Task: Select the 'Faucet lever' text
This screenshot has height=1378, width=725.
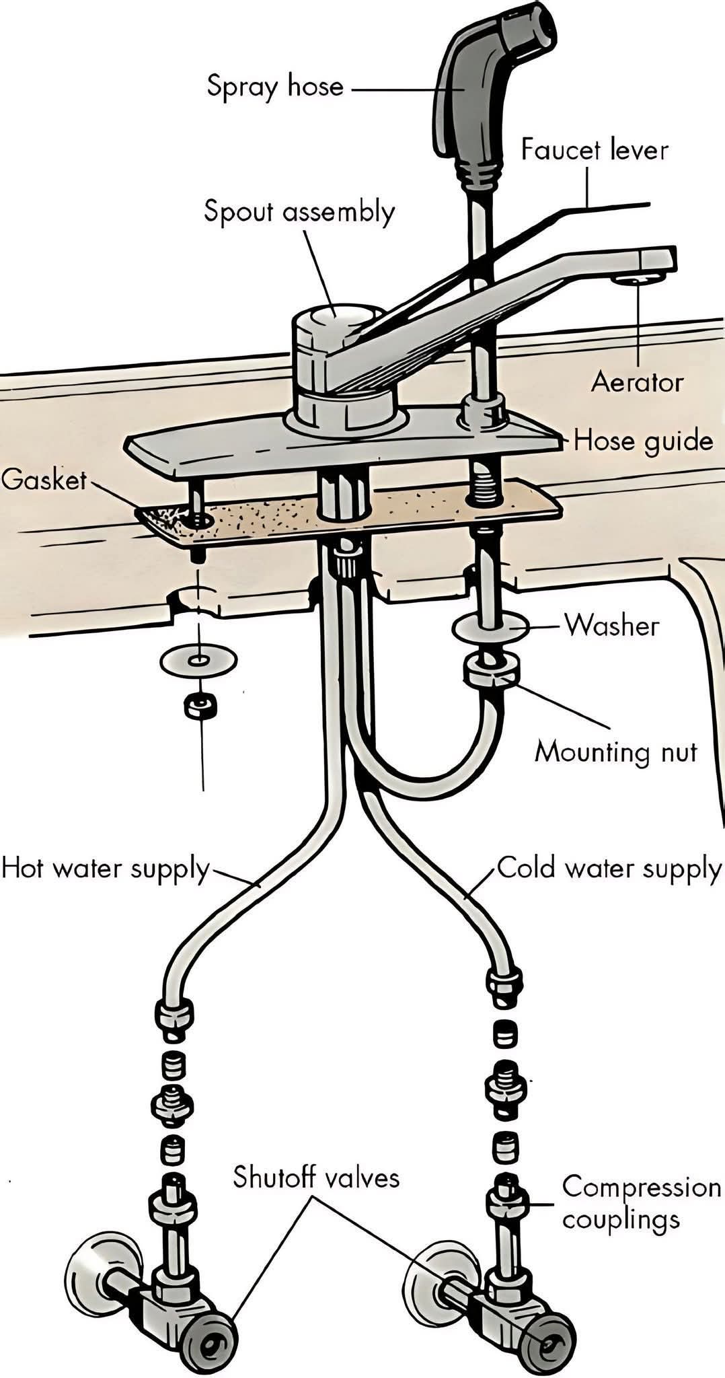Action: point(595,149)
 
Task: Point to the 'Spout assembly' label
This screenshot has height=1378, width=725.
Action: point(299,212)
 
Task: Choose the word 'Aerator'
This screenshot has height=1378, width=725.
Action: point(636,382)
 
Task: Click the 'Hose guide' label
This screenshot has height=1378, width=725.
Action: point(642,441)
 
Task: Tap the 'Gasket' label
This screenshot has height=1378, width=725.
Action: point(44,480)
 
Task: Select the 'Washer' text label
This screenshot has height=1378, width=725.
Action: point(611,625)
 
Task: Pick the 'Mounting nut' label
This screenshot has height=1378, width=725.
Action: point(615,751)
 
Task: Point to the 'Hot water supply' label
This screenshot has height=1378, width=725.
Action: point(106,868)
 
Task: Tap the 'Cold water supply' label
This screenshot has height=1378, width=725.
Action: point(609,868)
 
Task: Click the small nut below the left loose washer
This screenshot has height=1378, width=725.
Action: point(200,705)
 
